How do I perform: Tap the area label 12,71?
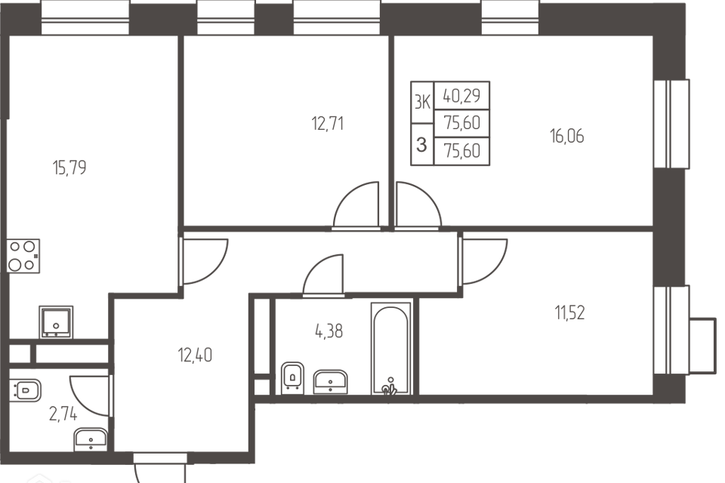327,123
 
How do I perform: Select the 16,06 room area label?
567,137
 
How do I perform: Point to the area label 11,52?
569,312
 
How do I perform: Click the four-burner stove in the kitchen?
23,255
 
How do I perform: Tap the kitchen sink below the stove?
56,319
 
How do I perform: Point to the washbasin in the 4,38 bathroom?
330,381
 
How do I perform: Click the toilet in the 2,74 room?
25,390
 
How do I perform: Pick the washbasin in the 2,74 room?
92,439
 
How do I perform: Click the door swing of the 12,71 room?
356,204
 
